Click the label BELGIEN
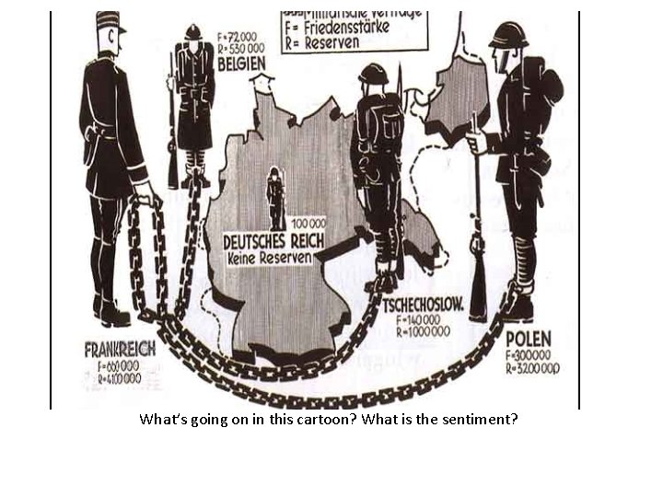(x=242, y=64)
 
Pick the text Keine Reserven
(x=269, y=258)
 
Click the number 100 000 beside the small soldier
(x=308, y=223)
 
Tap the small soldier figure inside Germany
(x=275, y=199)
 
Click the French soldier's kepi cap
(x=110, y=22)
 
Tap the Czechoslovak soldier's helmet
(x=373, y=73)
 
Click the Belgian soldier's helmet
(x=192, y=32)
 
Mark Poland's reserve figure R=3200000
(x=532, y=369)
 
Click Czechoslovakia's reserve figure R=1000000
(x=423, y=331)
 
